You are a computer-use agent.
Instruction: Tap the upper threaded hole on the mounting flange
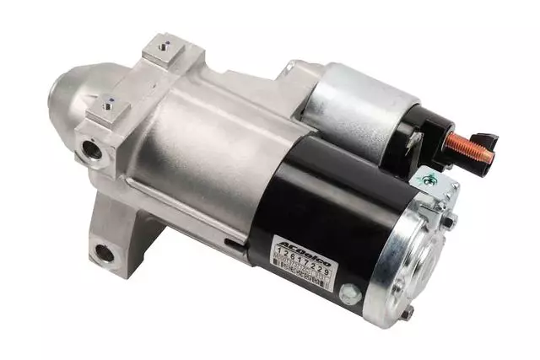tap(90, 149)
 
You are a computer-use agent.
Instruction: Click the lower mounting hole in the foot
tap(104, 250)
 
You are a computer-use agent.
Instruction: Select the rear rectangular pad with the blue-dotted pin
tap(164, 50)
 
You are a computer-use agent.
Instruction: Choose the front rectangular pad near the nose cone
tap(107, 109)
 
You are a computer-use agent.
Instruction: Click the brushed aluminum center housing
tap(202, 143)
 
